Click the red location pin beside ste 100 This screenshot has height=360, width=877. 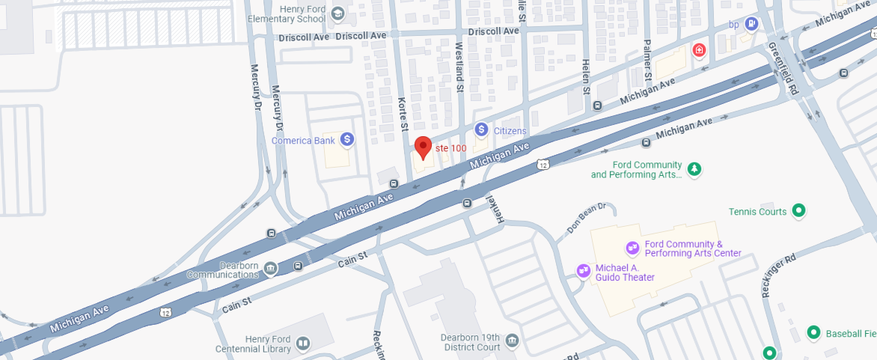pyautogui.click(x=423, y=147)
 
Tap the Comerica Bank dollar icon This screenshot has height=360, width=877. pyautogui.click(x=346, y=139)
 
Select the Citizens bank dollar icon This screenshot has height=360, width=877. pyautogui.click(x=482, y=130)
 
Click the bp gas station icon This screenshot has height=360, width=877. pyautogui.click(x=751, y=24)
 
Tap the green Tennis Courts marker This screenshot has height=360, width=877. pyautogui.click(x=798, y=211)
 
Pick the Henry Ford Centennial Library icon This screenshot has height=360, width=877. pyautogui.click(x=302, y=344)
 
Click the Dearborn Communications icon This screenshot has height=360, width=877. pyautogui.click(x=269, y=268)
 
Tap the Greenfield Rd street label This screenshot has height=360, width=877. pyautogui.click(x=783, y=68)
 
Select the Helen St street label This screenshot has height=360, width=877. pyautogui.click(x=586, y=76)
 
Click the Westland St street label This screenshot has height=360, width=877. pyautogui.click(x=459, y=67)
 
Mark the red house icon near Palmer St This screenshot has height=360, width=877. pyautogui.click(x=699, y=50)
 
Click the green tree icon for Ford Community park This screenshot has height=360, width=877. pyautogui.click(x=694, y=169)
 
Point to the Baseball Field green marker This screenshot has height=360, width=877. pyautogui.click(x=813, y=332)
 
